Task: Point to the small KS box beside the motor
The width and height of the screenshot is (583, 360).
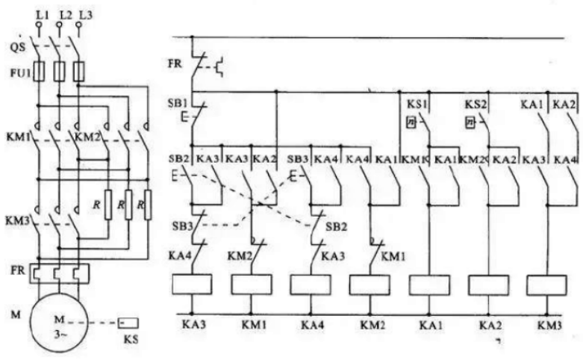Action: coord(128,324)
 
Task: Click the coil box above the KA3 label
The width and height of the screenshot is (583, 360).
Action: coord(192,284)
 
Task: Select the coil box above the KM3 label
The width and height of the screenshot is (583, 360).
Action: coord(547,284)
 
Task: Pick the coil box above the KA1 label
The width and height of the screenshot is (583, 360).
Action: coord(429,284)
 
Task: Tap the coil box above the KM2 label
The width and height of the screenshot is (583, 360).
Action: coord(370,284)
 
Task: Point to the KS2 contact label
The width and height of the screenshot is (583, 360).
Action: coord(476,104)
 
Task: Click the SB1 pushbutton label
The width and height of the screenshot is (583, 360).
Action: coord(179,102)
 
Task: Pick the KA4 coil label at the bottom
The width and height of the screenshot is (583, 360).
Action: coord(311,326)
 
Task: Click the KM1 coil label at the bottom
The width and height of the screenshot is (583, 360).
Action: coord(251,326)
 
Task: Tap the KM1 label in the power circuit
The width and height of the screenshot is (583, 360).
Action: coord(16,138)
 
